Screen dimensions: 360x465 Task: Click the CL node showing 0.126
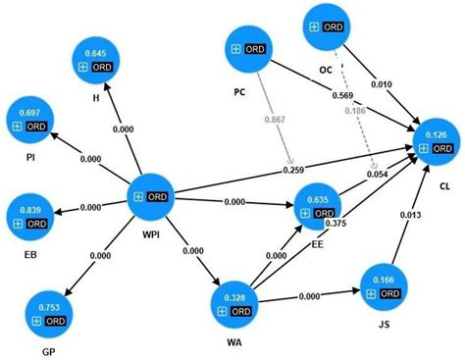click(437, 141)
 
